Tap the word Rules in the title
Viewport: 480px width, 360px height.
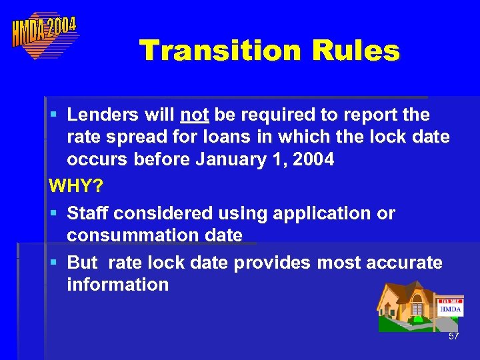353,51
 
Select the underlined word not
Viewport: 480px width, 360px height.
195,115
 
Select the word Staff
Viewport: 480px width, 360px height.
88,213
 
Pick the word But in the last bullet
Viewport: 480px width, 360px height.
83,263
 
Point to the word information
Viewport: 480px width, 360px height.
117,285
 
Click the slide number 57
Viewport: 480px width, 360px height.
453,337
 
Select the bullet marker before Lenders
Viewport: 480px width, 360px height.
53,115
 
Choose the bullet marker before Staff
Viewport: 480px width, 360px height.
53,214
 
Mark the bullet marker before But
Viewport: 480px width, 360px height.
53,263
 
